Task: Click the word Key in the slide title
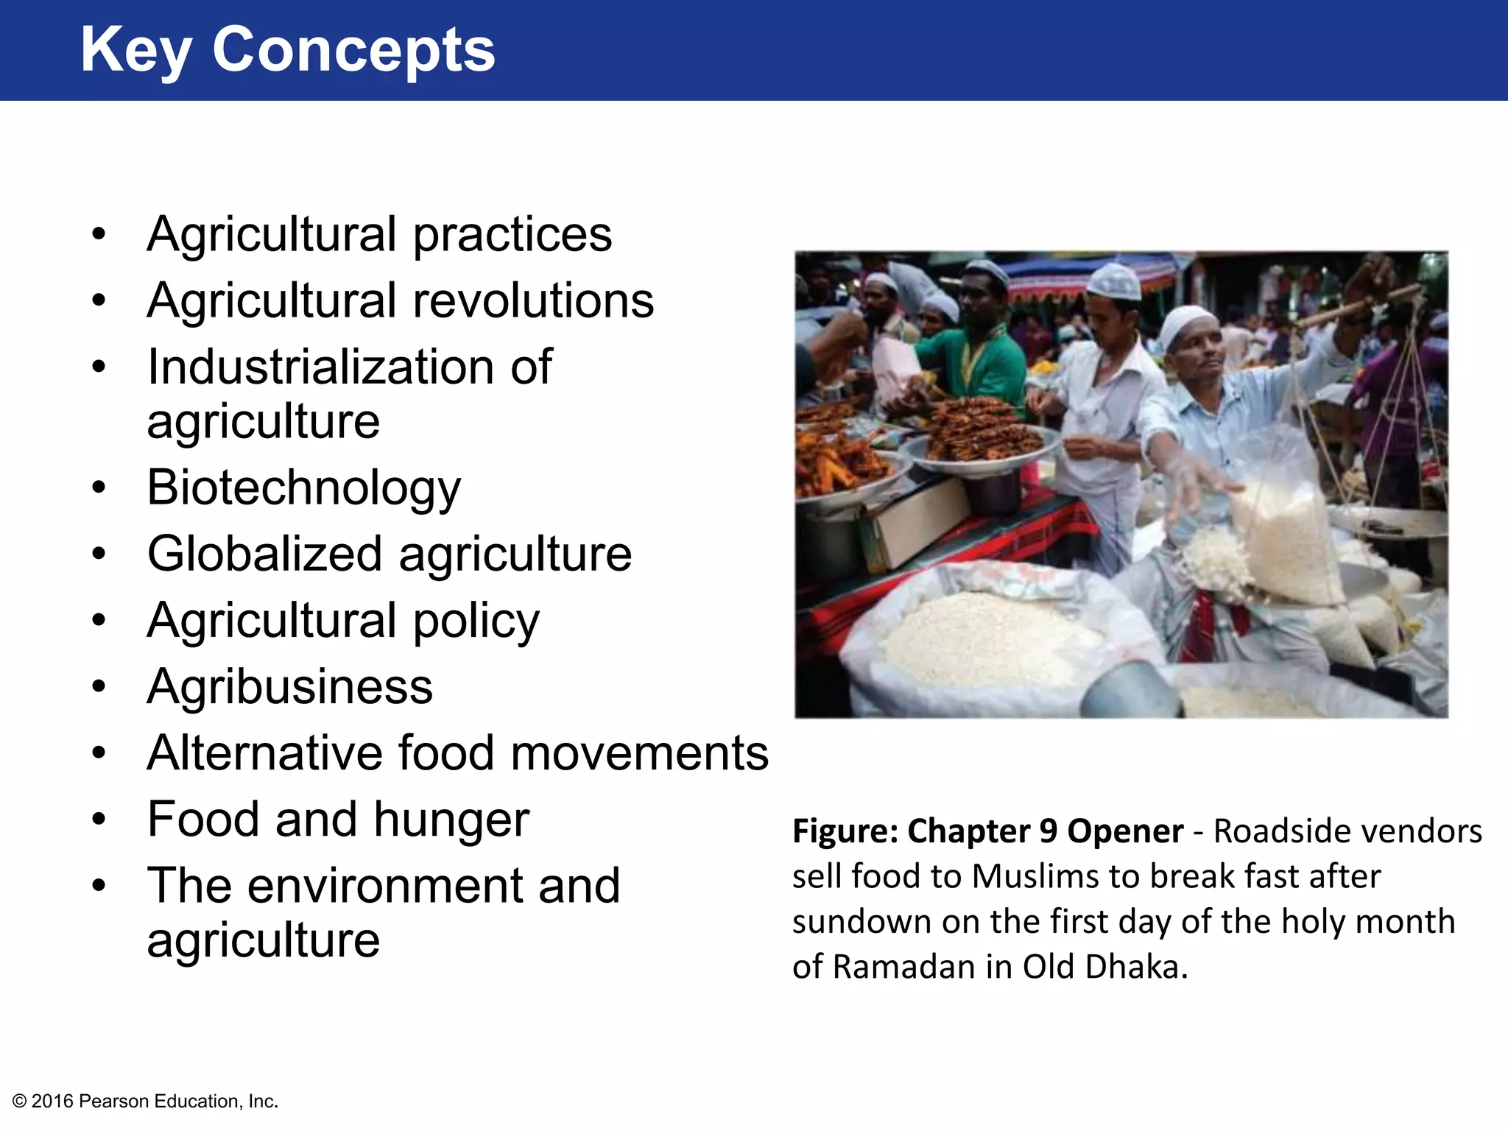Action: click(x=135, y=50)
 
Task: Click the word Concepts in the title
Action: click(x=353, y=50)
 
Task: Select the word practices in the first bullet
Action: click(x=512, y=236)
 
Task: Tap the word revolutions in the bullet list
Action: click(x=533, y=301)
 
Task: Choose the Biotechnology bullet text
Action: click(x=303, y=488)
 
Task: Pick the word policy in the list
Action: click(x=476, y=621)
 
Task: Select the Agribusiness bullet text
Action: click(x=289, y=687)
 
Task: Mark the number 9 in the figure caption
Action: click(x=1049, y=831)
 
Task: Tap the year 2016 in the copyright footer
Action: click(x=52, y=1102)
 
